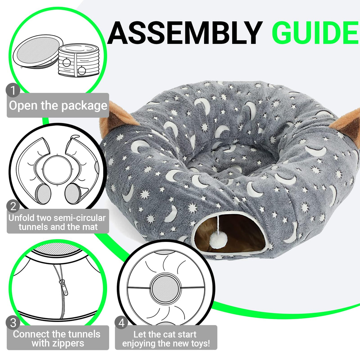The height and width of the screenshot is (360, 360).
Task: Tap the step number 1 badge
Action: [x=13, y=90]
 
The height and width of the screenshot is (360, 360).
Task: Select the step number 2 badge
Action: [x=13, y=206]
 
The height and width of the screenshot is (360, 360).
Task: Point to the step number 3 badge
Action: [x=13, y=323]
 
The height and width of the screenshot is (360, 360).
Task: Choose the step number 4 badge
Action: [x=122, y=323]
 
